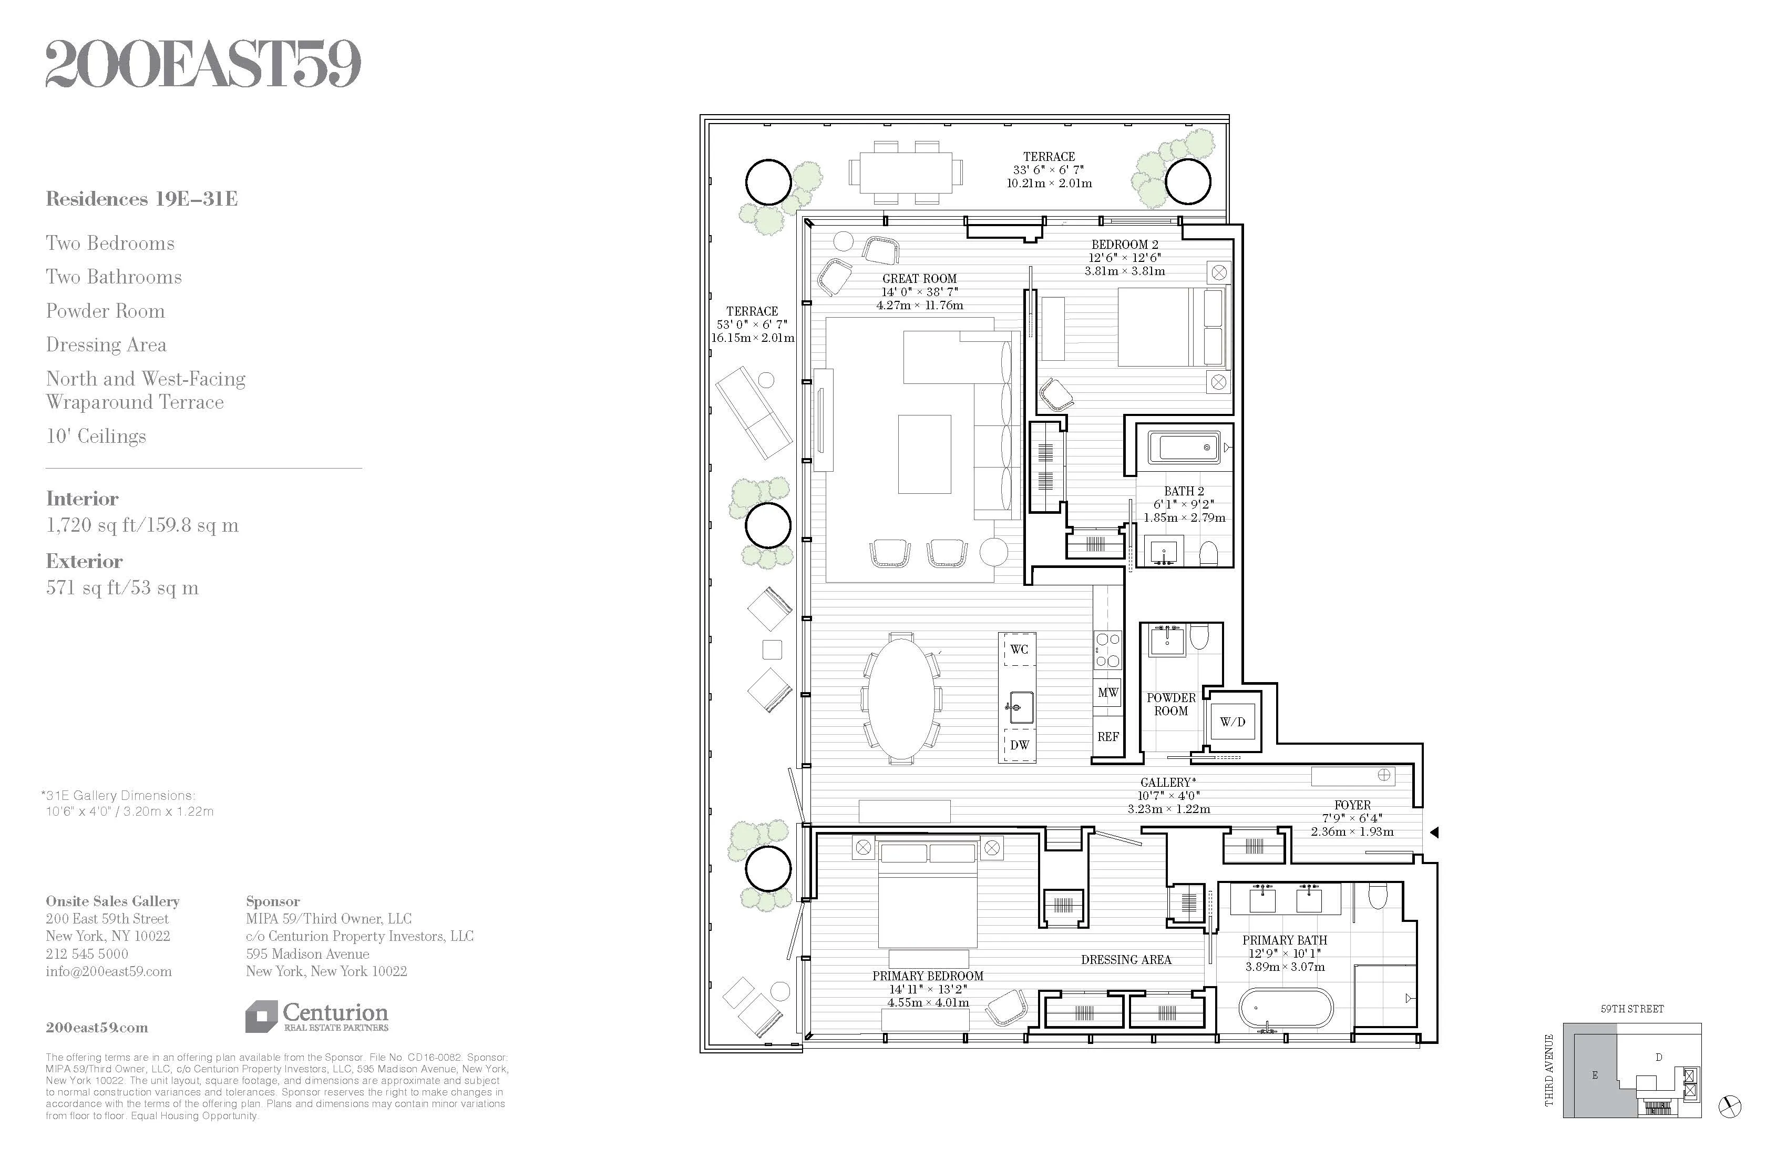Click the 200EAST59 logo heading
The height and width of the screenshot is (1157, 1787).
click(x=203, y=65)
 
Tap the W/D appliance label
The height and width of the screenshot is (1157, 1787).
click(x=1232, y=722)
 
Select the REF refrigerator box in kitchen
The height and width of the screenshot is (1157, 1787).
click(x=1107, y=737)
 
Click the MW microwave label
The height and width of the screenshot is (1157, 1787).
click(x=1107, y=693)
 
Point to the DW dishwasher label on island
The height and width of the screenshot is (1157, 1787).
click(x=1019, y=745)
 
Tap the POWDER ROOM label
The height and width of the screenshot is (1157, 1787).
click(x=1170, y=704)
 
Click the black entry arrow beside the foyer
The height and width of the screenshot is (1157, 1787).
click(x=1433, y=833)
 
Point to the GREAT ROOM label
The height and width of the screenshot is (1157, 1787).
click(x=919, y=279)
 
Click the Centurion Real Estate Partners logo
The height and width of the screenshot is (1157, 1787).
click(x=317, y=1017)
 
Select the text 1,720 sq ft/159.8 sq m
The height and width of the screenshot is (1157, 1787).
click(x=142, y=525)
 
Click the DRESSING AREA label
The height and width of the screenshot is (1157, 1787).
click(x=1125, y=959)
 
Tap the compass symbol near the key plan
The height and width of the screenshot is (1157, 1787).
click(x=1729, y=1107)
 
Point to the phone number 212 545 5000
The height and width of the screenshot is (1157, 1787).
click(x=87, y=953)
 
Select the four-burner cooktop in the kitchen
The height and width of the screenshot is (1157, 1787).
click(x=1107, y=651)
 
